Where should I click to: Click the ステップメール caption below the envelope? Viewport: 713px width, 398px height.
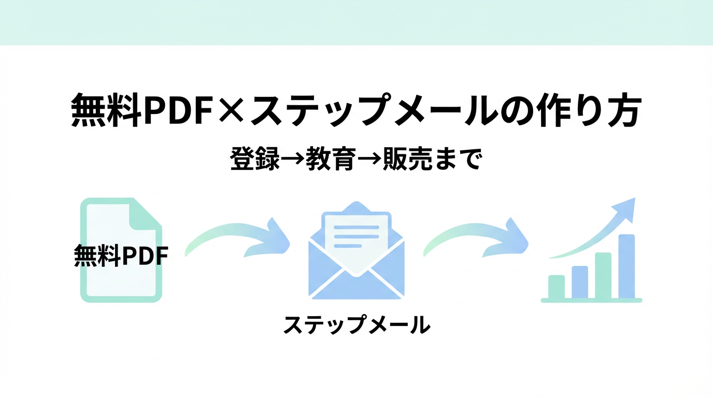tap(356, 325)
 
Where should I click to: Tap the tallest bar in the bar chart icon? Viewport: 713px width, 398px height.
tap(626, 266)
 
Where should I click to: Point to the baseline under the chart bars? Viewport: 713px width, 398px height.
tap(591, 300)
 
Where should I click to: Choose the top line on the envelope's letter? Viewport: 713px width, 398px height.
tap(356, 226)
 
